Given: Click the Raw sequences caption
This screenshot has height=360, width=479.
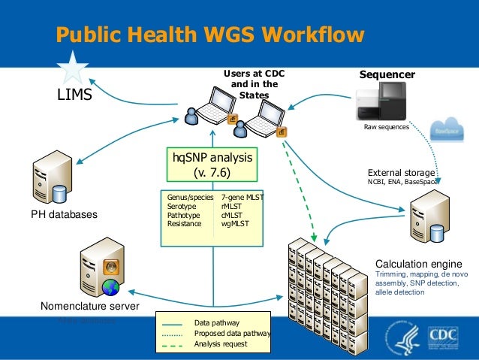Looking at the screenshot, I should click(x=387, y=128).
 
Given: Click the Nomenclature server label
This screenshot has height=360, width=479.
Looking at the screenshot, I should click(x=89, y=307).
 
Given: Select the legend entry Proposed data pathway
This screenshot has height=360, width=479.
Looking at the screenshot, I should click(x=232, y=333).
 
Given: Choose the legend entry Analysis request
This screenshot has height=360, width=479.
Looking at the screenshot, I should click(x=220, y=344).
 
